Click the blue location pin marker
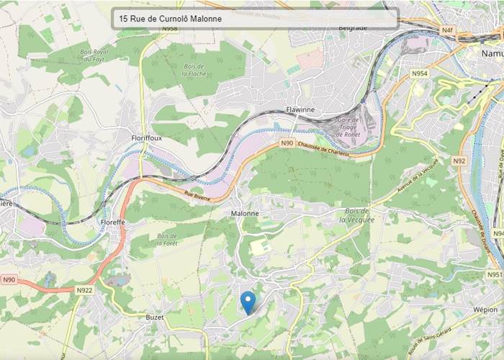click(x=248, y=302)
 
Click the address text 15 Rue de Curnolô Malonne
click(x=171, y=19)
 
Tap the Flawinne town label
click(x=300, y=110)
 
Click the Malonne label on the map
click(x=245, y=214)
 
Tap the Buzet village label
click(x=155, y=316)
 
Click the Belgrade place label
click(x=352, y=28)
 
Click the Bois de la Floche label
click(x=193, y=70)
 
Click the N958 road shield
click(x=170, y=29)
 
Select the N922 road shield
click(x=84, y=290)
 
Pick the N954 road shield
click(x=419, y=73)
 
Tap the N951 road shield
click(x=494, y=274)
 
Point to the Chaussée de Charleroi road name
click(x=323, y=148)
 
